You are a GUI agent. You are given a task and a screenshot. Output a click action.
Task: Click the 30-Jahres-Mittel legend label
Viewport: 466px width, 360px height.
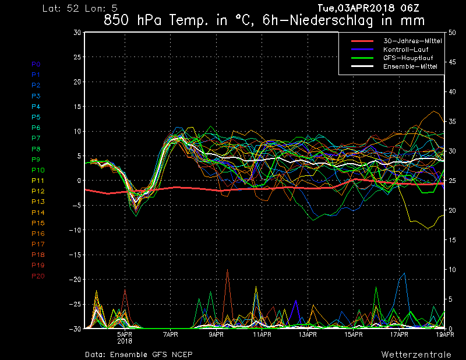[412, 41]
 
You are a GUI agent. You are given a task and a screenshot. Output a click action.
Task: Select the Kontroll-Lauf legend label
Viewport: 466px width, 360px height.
[405, 50]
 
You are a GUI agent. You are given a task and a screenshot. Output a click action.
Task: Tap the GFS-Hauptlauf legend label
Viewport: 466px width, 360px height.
[408, 58]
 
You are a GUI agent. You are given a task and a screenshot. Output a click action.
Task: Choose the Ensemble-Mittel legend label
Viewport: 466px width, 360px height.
[410, 66]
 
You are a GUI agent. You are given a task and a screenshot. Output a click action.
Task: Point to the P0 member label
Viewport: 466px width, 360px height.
[36, 64]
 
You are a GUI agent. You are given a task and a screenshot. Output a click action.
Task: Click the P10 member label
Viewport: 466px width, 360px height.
[38, 170]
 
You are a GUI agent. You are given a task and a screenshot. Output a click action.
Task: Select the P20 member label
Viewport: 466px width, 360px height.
[38, 276]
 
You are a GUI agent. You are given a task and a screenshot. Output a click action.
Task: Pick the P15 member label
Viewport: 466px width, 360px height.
[38, 223]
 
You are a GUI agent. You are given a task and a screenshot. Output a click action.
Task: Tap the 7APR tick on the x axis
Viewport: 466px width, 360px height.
[171, 334]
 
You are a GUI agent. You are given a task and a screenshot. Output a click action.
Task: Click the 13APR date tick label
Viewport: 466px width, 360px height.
[308, 334]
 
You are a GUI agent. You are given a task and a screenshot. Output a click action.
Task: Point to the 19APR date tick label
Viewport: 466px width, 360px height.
[444, 334]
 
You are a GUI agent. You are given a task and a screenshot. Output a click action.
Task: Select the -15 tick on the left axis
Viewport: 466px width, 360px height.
[75, 255]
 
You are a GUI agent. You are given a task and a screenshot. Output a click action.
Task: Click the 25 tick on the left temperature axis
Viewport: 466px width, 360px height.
[77, 57]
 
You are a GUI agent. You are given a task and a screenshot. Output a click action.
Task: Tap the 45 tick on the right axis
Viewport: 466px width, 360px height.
[452, 62]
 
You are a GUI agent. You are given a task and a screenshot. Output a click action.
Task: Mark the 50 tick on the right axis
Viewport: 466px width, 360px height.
[452, 33]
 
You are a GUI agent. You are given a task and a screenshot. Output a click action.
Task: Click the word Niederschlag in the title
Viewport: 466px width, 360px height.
[331, 21]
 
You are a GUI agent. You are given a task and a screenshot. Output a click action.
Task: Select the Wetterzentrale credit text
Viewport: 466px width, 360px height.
[416, 354]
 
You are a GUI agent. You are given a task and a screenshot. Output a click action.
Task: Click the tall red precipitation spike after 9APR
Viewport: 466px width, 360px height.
[228, 270]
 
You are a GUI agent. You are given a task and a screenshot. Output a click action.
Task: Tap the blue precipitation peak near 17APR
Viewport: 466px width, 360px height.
[404, 273]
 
